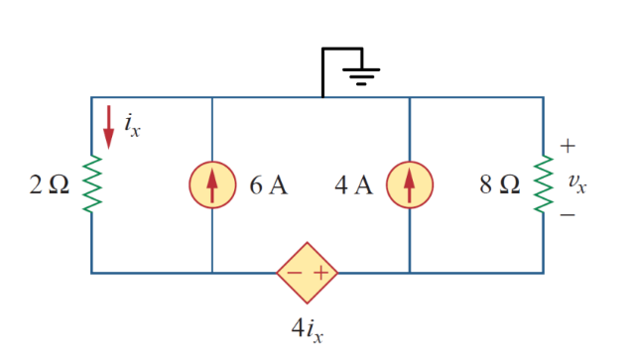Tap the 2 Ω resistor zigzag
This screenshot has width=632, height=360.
91,184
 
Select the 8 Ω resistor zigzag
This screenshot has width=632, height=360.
543,184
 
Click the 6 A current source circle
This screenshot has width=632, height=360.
212,184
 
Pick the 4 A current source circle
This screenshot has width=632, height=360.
410,184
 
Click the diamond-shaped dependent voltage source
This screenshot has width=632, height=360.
307,272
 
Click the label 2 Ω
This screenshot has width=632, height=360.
51,185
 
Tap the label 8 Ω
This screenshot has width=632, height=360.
497,185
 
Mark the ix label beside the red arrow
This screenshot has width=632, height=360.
132,125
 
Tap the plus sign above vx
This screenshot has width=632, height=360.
568,146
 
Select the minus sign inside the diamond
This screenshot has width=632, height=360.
294,272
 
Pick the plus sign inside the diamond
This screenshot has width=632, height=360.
320,272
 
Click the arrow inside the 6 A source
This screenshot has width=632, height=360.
212,184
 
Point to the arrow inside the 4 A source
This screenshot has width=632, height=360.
410,184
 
